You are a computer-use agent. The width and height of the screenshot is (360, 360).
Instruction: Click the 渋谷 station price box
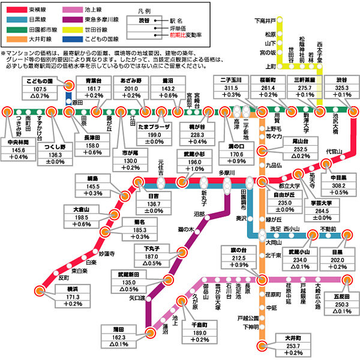click(341, 88)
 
